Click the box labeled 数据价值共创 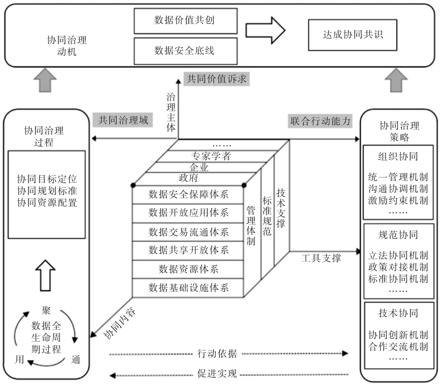185,21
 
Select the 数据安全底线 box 185,51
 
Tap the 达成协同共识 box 352,35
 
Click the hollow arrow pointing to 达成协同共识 265,30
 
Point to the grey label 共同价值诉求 216,79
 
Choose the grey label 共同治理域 123,120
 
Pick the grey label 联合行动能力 320,121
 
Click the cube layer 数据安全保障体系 188,195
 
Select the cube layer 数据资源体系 188,269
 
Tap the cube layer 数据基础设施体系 188,288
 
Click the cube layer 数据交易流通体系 188,232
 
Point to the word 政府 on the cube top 188,178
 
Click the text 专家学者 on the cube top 211,156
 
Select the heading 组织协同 398,156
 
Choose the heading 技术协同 398,313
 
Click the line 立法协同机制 398,256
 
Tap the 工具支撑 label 321,259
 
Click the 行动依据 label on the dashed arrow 217,353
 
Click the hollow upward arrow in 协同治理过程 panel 46,276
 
